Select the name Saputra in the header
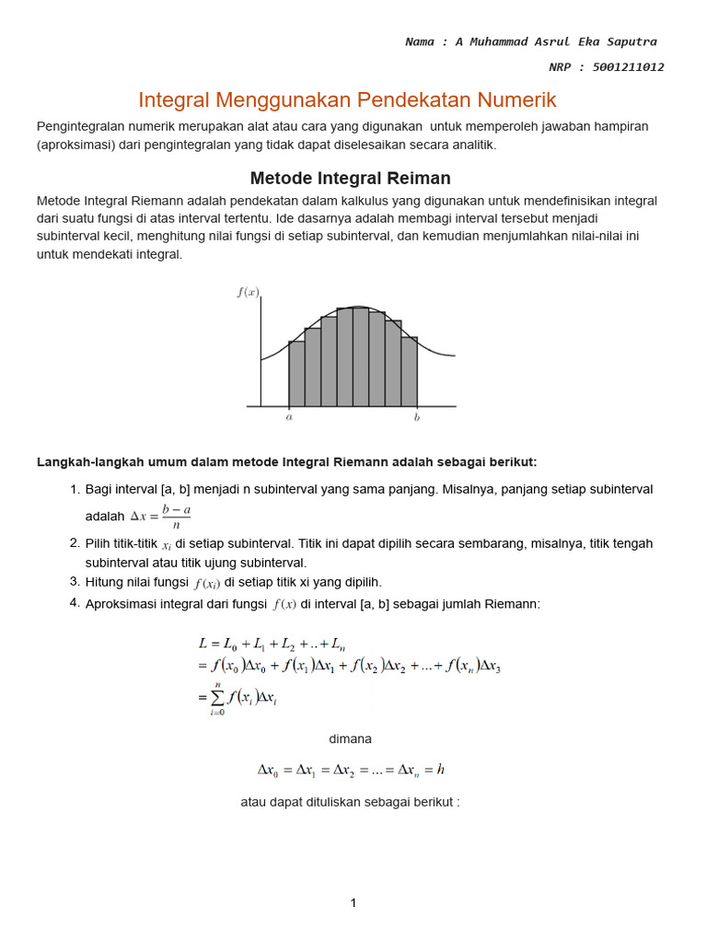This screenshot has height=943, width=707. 628,42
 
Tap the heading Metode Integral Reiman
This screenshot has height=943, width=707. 350,178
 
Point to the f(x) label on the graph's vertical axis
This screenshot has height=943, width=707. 249,292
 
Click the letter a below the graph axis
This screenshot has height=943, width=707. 289,417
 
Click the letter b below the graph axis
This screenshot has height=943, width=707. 417,417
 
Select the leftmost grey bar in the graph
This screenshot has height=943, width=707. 296,373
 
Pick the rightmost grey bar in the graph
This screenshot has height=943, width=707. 409,371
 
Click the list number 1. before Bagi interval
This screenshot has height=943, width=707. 75,488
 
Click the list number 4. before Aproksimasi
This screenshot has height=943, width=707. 75,603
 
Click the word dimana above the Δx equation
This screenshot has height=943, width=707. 350,739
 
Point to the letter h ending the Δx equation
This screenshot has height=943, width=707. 441,770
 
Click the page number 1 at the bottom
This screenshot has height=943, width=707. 353,903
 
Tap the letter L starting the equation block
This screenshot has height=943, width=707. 203,643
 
